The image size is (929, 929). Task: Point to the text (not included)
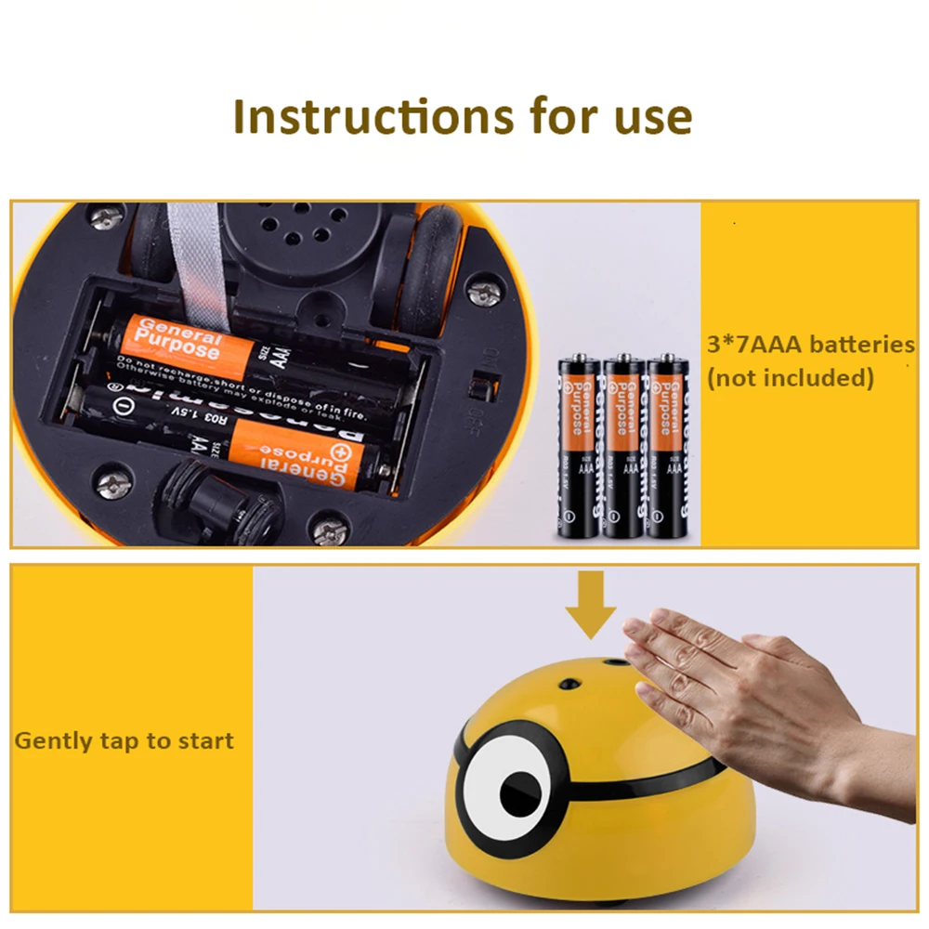[791, 378]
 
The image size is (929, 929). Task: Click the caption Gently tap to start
[124, 741]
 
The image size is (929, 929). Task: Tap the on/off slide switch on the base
[482, 386]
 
